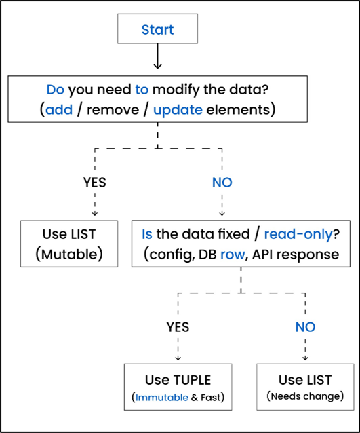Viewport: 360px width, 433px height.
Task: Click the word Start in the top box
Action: coord(157,30)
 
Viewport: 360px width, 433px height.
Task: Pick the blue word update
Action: coord(178,109)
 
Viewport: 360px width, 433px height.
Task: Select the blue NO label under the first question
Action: coord(223,183)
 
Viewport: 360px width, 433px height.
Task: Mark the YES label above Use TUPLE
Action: coord(178,327)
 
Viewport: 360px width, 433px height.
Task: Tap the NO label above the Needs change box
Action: coord(305,327)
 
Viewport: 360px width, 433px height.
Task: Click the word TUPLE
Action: coord(188,380)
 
